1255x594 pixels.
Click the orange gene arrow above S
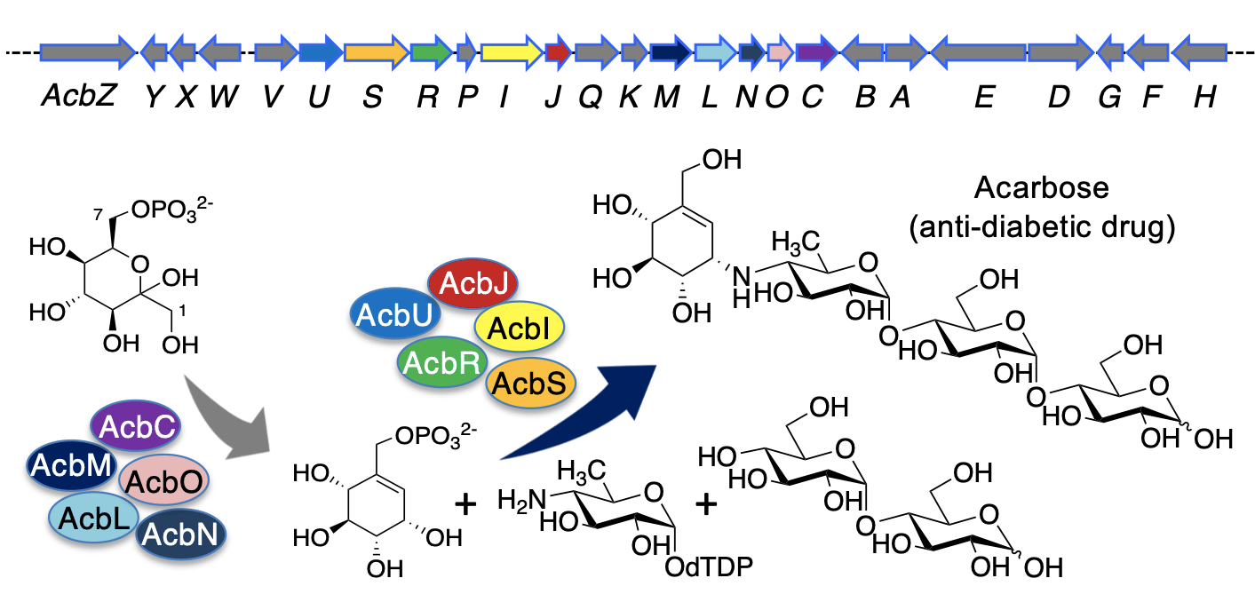pyautogui.click(x=377, y=52)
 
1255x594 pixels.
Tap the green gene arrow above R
pyautogui.click(x=432, y=52)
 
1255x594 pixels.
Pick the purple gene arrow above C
pyautogui.click(x=816, y=52)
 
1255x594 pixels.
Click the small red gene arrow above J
pyautogui.click(x=559, y=52)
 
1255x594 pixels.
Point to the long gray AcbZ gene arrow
pyautogui.click(x=88, y=52)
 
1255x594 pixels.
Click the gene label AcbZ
pyautogui.click(x=79, y=96)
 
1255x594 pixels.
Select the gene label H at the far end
pyautogui.click(x=1204, y=96)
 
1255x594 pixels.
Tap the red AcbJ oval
pyautogui.click(x=473, y=283)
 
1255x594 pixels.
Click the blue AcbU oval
pyautogui.click(x=395, y=314)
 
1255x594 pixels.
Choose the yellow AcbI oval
pyautogui.click(x=519, y=328)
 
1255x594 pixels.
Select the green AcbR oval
pyautogui.click(x=441, y=362)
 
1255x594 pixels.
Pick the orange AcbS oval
pyautogui.click(x=530, y=384)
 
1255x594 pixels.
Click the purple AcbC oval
pyautogui.click(x=136, y=426)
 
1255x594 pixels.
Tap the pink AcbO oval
pyautogui.click(x=163, y=480)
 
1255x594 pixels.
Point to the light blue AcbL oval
pyautogui.click(x=93, y=518)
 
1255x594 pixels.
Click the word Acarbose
pyautogui.click(x=1042, y=187)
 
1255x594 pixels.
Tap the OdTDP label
pyautogui.click(x=709, y=567)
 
